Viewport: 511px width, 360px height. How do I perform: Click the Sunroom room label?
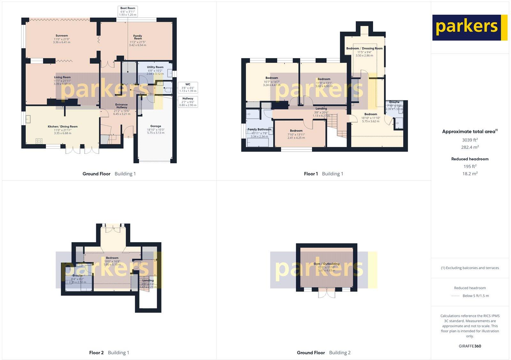[x=62, y=39]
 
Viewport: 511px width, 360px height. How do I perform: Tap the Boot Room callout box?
[x=128, y=11]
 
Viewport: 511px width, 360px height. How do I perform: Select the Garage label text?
[x=156, y=129]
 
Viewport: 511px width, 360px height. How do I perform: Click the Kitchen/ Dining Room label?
[x=63, y=130]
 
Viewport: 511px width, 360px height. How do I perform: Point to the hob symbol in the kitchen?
[x=40, y=141]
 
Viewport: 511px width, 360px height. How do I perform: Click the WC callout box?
[x=188, y=87]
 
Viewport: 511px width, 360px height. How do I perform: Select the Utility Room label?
[x=155, y=70]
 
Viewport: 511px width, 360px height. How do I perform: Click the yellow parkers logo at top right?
[x=469, y=27]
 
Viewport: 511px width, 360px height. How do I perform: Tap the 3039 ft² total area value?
[x=470, y=140]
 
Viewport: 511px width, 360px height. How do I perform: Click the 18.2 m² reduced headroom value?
[x=470, y=174]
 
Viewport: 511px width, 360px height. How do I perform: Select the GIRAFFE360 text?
[x=470, y=346]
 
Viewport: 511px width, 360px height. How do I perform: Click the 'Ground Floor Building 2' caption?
[x=324, y=353]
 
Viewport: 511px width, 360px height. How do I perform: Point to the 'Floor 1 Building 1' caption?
[x=324, y=174]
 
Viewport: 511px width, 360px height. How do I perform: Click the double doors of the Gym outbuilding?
[x=327, y=293]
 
